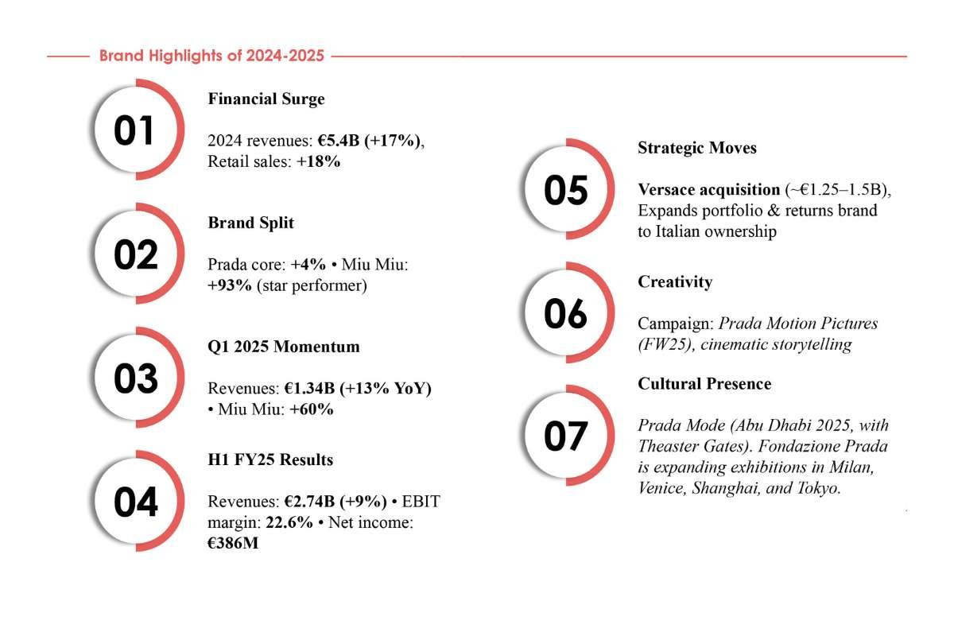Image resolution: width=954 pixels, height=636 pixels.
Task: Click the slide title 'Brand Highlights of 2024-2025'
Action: pyautogui.click(x=211, y=56)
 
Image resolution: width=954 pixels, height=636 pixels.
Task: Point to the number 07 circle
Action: pyautogui.click(x=565, y=436)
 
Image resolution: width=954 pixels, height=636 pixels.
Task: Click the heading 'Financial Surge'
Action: pyautogui.click(x=266, y=99)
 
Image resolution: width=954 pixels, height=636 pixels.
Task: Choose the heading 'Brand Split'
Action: pyautogui.click(x=250, y=223)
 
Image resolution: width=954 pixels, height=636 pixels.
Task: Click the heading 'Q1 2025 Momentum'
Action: pyautogui.click(x=284, y=347)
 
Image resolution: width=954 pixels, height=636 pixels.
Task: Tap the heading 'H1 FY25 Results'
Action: pyautogui.click(x=270, y=460)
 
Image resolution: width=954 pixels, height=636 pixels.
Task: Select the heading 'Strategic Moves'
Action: pyautogui.click(x=697, y=148)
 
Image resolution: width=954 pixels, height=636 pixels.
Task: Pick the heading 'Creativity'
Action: pyautogui.click(x=675, y=282)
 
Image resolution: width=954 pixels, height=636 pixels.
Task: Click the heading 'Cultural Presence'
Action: pyautogui.click(x=704, y=384)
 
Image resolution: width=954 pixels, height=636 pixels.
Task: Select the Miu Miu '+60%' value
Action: pyautogui.click(x=311, y=410)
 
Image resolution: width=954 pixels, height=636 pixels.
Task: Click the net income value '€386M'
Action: pyautogui.click(x=233, y=543)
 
